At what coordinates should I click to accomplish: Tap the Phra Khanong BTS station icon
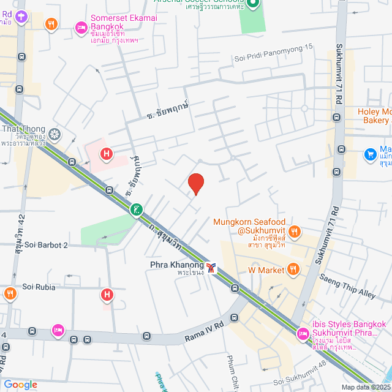tap(211, 268)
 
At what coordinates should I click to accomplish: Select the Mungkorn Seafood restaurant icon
tap(295, 231)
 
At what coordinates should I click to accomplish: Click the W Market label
tap(266, 269)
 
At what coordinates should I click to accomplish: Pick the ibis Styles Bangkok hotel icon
tap(302, 334)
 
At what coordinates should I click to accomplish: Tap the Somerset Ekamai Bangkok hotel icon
tap(81, 27)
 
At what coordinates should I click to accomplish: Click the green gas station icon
tap(135, 210)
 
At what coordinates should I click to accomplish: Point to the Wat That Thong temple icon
tap(55, 134)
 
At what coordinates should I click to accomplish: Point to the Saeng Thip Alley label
tap(347, 286)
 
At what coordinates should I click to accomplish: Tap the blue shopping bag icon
tap(370, 154)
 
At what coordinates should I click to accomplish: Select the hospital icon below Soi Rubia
tap(107, 295)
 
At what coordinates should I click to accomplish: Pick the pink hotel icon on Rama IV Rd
tap(58, 331)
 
